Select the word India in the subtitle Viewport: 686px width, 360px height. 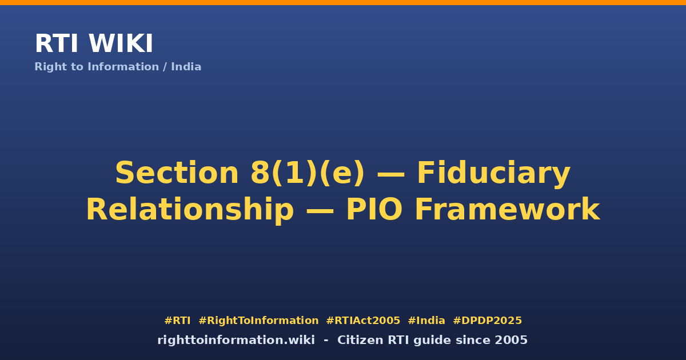tap(186, 67)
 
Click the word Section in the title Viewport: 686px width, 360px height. tap(177, 173)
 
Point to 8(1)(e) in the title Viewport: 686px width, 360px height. tap(308, 173)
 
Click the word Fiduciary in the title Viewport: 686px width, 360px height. tap(494, 174)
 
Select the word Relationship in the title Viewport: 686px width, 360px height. tap(190, 210)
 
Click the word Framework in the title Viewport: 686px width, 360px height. tap(507, 209)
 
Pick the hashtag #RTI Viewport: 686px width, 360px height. tap(177, 321)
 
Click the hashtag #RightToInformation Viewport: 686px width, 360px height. tap(258, 321)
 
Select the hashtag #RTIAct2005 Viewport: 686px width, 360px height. tap(363, 321)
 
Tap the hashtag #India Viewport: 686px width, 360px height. tap(426, 321)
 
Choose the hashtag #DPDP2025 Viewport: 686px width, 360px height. tap(487, 321)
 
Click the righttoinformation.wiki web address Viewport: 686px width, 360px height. tap(236, 340)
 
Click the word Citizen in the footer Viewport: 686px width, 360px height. tap(360, 340)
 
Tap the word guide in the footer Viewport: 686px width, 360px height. tap(435, 341)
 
